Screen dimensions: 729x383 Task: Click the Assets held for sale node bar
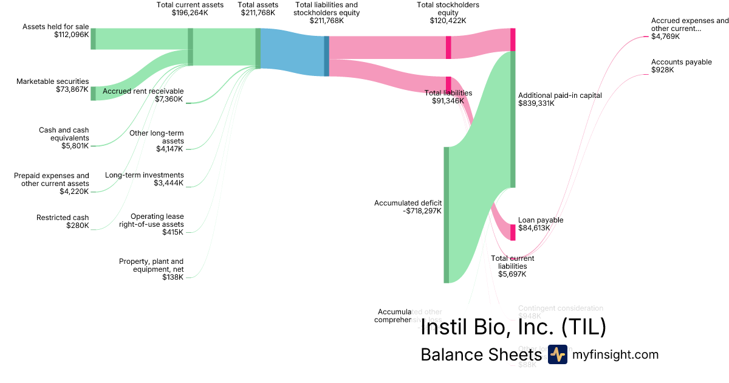point(93,38)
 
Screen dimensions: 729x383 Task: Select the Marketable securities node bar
point(93,93)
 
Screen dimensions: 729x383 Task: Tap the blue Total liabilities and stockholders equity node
point(326,56)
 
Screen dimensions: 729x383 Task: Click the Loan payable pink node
point(513,232)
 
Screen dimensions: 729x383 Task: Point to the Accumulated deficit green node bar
point(446,215)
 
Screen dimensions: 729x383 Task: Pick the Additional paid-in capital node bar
point(513,119)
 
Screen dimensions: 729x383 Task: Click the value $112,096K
point(71,35)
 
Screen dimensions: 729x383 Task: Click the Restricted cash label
point(63,218)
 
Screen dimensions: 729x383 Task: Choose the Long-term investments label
point(144,175)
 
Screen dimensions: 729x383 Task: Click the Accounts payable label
point(681,62)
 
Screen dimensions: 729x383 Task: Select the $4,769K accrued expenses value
point(665,36)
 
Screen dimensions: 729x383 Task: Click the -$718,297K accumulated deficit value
point(422,211)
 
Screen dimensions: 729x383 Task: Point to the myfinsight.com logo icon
point(557,354)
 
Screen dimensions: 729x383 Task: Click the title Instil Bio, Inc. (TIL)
point(513,328)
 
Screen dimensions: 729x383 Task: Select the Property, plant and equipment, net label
point(151,265)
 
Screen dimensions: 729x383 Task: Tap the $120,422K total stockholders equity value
point(448,20)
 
